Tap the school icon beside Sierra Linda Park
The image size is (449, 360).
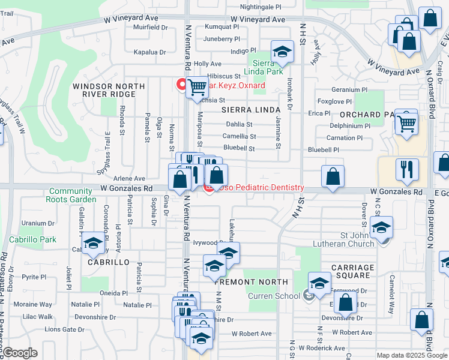pos(282,52)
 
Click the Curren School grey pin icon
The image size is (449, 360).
pos(309,295)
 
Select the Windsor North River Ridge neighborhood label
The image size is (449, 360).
pos(109,91)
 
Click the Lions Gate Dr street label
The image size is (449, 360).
pos(64,329)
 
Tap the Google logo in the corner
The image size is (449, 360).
pos(20,353)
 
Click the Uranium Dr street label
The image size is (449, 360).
pos(38,223)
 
